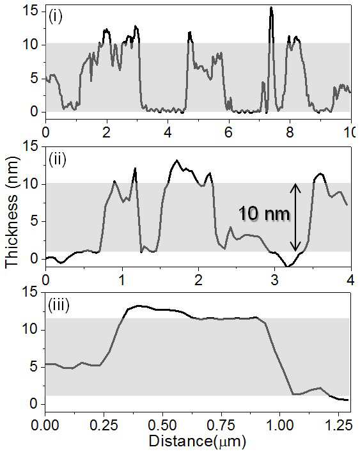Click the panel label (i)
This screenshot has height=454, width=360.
(x=56, y=17)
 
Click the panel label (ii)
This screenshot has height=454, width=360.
(x=58, y=159)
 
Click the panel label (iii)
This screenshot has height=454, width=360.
(x=59, y=306)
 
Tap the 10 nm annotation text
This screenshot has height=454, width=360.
(x=264, y=214)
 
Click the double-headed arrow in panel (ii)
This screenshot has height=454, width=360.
(x=295, y=217)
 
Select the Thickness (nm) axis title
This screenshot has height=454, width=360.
(x=12, y=211)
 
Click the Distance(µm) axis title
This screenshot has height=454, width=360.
(x=198, y=442)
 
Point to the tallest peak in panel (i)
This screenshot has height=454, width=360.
(x=271, y=8)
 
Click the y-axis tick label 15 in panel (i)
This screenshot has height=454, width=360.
(x=31, y=12)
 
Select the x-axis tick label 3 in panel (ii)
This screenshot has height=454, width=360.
(x=275, y=280)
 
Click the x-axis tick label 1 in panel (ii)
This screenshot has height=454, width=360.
(x=122, y=280)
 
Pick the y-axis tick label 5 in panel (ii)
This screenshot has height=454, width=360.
(x=34, y=221)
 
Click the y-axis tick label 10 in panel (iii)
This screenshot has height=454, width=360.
(x=30, y=330)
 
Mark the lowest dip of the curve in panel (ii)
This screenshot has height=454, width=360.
(x=287, y=265)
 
